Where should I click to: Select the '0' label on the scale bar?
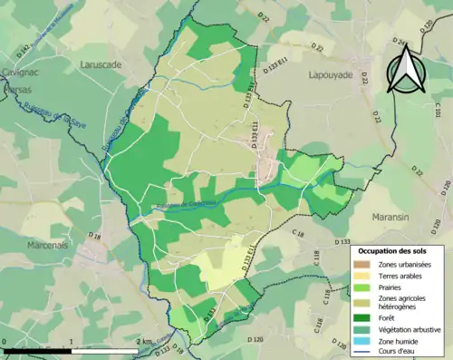click(5, 341)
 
